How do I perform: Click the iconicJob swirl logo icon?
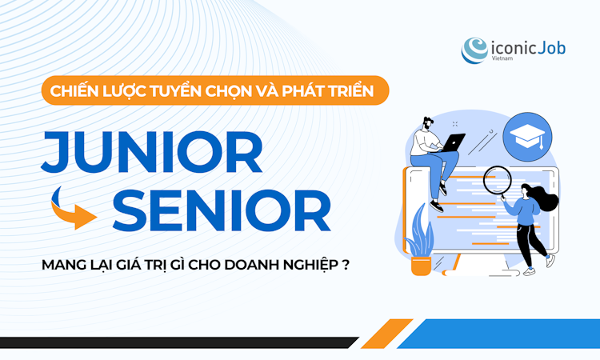coord(475,49)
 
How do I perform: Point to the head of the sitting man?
coord(427,126)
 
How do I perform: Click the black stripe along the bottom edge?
coord(176,342)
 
